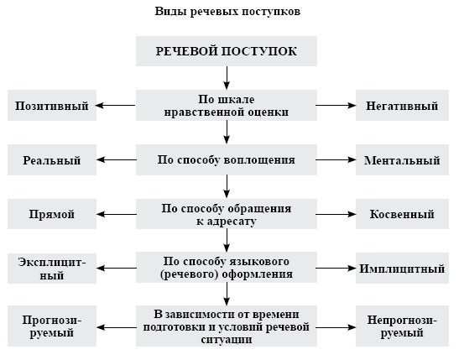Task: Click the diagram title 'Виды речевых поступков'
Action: (x=227, y=12)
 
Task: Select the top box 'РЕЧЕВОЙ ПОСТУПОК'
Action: (x=227, y=51)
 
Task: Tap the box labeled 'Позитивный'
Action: (x=52, y=106)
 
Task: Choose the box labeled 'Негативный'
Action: (x=402, y=106)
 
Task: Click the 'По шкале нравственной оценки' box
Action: (x=227, y=106)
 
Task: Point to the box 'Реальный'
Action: (x=52, y=159)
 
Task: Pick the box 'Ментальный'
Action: (x=402, y=159)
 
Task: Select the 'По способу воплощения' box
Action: (x=227, y=159)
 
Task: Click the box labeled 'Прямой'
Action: (x=52, y=214)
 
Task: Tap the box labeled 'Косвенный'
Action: (x=402, y=214)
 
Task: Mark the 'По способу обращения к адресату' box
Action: (x=227, y=214)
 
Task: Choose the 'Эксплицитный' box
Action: (x=52, y=268)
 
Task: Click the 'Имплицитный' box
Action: (x=402, y=268)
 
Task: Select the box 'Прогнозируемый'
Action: (x=52, y=326)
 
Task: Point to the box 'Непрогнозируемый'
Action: (x=402, y=326)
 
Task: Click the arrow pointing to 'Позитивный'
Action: (x=116, y=106)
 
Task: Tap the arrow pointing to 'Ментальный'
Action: (x=336, y=159)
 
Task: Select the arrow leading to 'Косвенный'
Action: (x=336, y=214)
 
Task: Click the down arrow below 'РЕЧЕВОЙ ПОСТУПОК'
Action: (x=227, y=78)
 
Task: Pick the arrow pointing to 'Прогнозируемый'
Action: (x=116, y=327)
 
